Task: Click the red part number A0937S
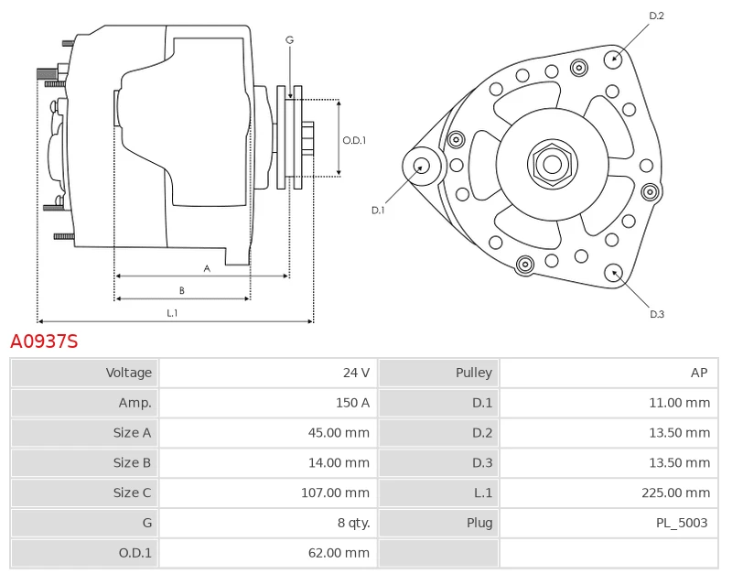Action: [x=44, y=341]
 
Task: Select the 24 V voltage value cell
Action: [x=356, y=373]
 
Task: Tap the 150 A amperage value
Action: [x=352, y=403]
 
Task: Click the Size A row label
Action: [x=133, y=433]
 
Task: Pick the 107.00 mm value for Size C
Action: [x=335, y=493]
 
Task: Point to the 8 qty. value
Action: [x=353, y=523]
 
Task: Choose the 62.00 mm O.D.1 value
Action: [x=339, y=553]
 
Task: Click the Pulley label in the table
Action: [x=473, y=373]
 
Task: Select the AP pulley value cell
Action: [x=699, y=373]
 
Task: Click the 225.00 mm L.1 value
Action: [x=674, y=493]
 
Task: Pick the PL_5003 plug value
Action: [x=682, y=523]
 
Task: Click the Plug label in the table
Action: [x=479, y=523]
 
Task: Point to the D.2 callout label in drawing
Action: [x=656, y=16]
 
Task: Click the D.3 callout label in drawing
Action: [x=656, y=314]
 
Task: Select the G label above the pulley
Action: [x=289, y=39]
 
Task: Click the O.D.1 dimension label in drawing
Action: [x=354, y=140]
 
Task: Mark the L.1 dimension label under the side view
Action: [x=172, y=313]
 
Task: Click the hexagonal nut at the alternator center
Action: [x=552, y=165]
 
